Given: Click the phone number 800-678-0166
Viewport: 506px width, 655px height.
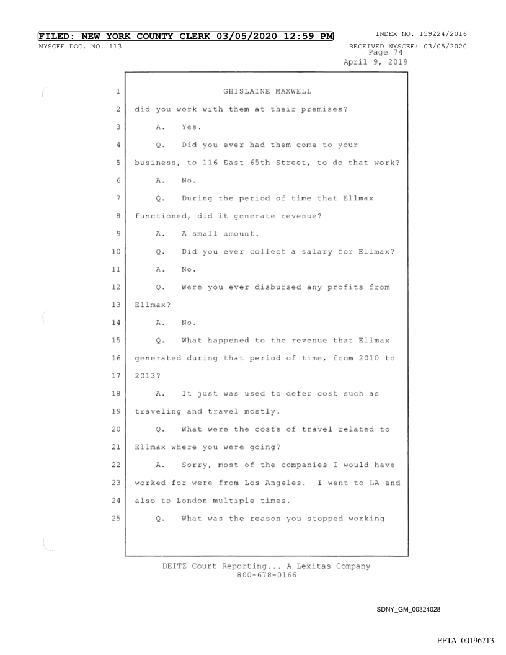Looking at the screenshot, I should coord(254,575).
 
